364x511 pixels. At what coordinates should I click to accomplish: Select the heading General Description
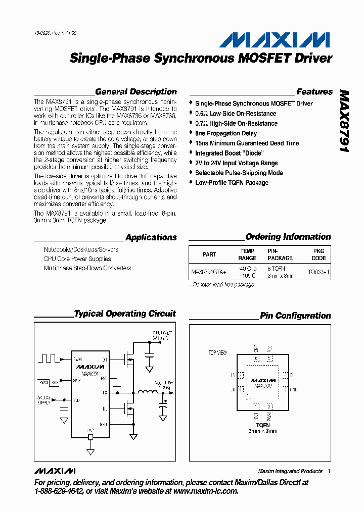pyautogui.click(x=135, y=92)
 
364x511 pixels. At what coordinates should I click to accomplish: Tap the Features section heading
pyautogui.click(x=314, y=92)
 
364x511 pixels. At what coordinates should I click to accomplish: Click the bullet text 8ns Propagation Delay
pyautogui.click(x=226, y=133)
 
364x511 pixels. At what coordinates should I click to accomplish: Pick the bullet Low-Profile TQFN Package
pyautogui.click(x=232, y=182)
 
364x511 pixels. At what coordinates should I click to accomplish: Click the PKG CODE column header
pyautogui.click(x=318, y=254)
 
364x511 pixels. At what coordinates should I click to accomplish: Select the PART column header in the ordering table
pyautogui.click(x=209, y=254)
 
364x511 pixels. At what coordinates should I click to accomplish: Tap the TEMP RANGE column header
pyautogui.click(x=247, y=254)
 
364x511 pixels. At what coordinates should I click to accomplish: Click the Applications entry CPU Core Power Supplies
pyautogui.click(x=77, y=259)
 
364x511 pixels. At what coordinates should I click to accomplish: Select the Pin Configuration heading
pyautogui.click(x=295, y=316)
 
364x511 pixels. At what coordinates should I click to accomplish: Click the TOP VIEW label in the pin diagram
pyautogui.click(x=218, y=352)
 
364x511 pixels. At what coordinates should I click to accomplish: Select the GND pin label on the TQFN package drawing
pyautogui.click(x=294, y=390)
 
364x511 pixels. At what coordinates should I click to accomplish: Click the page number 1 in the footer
pyautogui.click(x=329, y=471)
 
